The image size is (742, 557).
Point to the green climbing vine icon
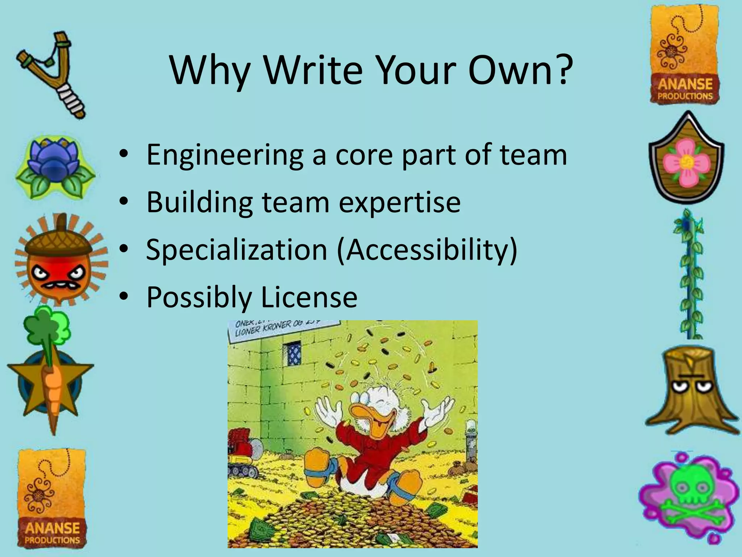pyautogui.click(x=688, y=276)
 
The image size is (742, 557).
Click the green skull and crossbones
pyautogui.click(x=688, y=500)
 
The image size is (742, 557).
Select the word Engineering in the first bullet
pyautogui.click(x=225, y=155)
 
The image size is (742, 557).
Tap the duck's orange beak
pyautogui.click(x=366, y=417)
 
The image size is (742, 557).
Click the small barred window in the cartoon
pyautogui.click(x=292, y=353)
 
